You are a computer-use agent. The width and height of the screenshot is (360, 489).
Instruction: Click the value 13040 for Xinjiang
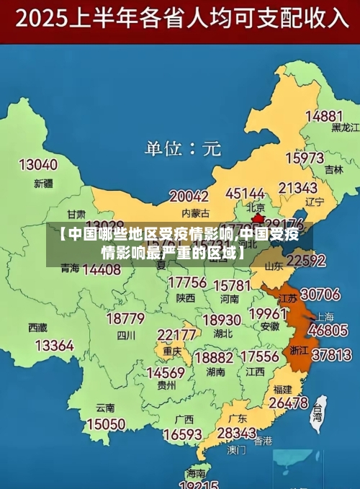click(37, 165)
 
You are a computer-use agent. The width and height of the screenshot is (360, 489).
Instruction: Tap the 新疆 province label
click(44, 183)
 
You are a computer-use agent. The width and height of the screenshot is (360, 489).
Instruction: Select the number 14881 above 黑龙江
click(324, 115)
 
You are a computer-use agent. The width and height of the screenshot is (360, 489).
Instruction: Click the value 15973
click(305, 157)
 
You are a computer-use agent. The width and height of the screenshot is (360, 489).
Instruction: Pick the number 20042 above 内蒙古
click(189, 196)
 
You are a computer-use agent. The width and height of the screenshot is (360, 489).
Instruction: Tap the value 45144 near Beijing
click(246, 194)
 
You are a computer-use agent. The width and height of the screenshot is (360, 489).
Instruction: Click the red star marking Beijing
click(257, 216)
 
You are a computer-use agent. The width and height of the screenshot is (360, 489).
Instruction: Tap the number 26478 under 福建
click(288, 403)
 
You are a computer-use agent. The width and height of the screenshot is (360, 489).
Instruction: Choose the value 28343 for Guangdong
click(236, 433)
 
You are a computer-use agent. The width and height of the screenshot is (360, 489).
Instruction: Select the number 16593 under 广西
click(182, 434)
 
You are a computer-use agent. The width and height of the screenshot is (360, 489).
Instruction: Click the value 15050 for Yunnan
click(106, 424)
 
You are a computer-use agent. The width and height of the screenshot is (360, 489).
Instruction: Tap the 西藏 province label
click(37, 327)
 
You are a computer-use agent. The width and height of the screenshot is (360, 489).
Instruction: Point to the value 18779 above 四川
click(125, 318)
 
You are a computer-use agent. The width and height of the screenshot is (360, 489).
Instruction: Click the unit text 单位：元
click(183, 149)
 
